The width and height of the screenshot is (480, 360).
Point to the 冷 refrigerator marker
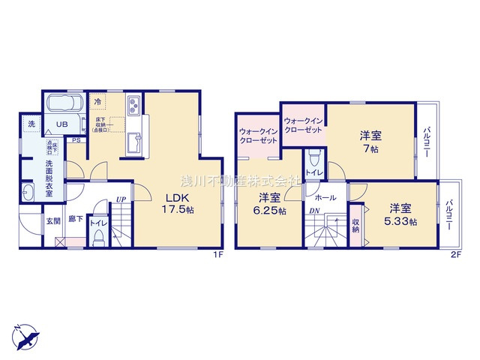[97, 100]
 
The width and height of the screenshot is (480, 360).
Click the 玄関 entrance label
[52, 220]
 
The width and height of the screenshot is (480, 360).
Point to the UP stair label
[120, 199]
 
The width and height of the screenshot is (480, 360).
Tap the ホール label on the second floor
[325, 197]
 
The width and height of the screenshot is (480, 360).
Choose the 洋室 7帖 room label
[370, 141]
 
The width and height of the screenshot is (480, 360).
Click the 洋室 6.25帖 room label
[271, 204]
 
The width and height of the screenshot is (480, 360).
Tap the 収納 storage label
[356, 226]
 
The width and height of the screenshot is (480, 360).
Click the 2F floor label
[454, 256]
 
